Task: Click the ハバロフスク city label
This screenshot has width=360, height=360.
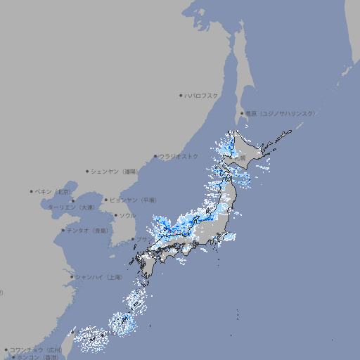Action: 202,95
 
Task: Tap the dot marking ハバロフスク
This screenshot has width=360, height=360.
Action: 181,95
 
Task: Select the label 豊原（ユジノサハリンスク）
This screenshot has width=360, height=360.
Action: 281,113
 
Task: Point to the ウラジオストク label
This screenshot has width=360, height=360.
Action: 179,156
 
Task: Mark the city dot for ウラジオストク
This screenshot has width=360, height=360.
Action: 155,157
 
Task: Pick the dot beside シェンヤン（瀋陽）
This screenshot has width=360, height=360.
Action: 87,171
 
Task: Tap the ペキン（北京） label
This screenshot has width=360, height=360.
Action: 54,191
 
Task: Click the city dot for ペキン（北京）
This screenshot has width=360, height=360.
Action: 32,191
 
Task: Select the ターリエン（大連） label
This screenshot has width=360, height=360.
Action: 71,207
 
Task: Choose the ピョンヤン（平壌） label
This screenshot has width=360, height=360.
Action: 133,200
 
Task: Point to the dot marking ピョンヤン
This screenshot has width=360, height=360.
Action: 106,200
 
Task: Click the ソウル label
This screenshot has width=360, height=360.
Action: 127,215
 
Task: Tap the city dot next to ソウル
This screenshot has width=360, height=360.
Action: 114,216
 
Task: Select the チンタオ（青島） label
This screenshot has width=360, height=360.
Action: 88,231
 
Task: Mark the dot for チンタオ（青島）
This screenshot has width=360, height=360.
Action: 63,231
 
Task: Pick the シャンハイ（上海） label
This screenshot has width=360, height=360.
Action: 98,276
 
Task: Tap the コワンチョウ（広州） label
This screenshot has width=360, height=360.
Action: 35,349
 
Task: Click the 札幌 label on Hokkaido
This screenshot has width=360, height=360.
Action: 240,160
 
